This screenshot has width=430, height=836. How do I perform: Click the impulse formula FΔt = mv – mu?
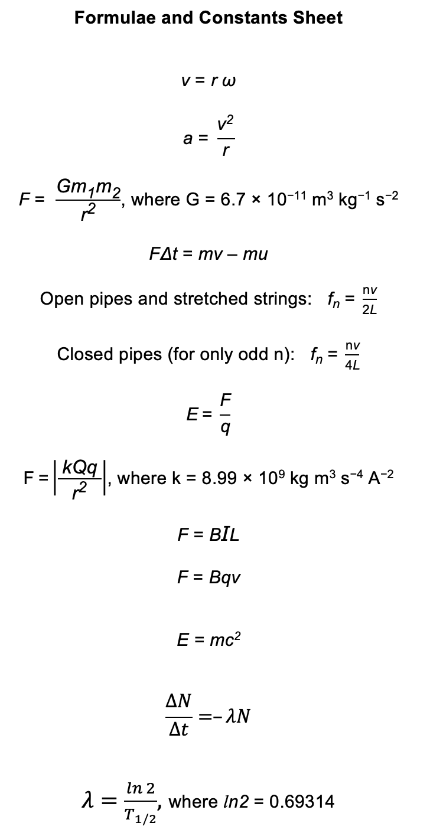point(208,254)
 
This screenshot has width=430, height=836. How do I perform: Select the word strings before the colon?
point(275,299)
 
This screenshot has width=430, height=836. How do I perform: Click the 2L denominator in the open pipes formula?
point(369,310)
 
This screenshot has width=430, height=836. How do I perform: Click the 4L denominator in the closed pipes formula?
point(353,365)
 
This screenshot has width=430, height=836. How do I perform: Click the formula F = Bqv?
point(208,577)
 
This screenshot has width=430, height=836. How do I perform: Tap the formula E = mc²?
point(208,640)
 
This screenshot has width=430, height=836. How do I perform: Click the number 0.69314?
point(301,801)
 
